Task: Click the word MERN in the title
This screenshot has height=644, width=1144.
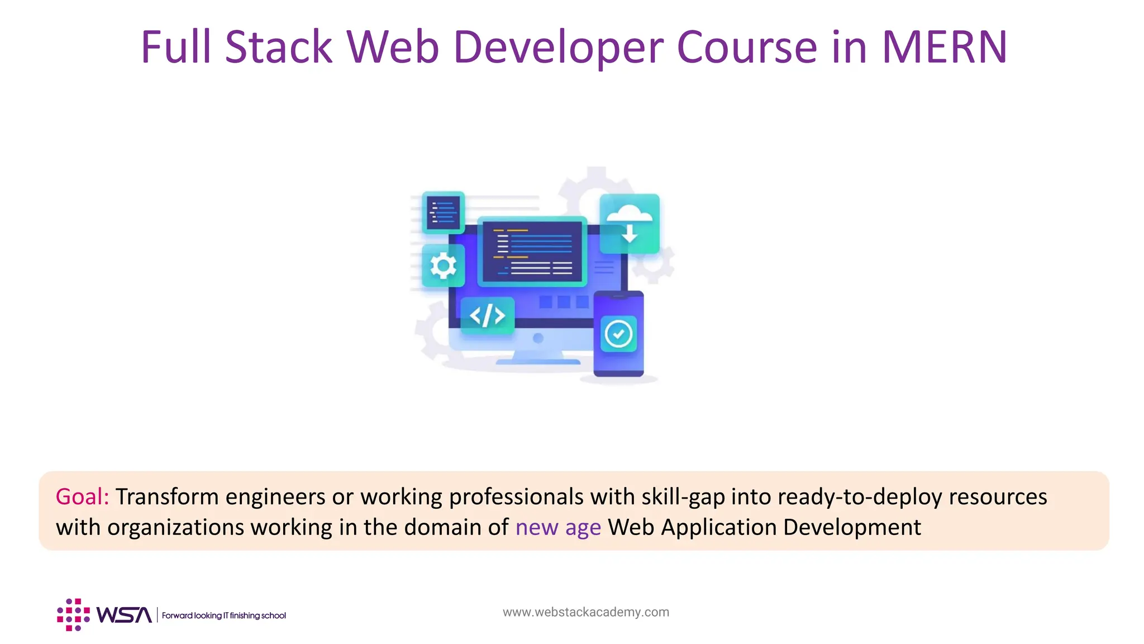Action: tap(944, 47)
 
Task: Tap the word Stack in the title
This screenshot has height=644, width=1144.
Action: tap(278, 47)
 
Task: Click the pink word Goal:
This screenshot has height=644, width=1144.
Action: tap(82, 496)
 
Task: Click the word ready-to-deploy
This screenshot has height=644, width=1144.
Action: tap(860, 496)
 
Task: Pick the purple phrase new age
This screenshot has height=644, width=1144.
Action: tap(558, 528)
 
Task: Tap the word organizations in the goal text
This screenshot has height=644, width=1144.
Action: tap(175, 528)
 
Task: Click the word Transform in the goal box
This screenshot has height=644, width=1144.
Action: tap(167, 496)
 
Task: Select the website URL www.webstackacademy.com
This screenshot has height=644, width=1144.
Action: tap(585, 612)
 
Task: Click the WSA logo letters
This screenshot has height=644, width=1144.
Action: tap(124, 615)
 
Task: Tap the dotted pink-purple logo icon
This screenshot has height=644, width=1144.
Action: tap(73, 615)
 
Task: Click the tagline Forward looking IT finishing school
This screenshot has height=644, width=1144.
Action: tap(223, 615)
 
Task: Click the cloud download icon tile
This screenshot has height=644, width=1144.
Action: tap(630, 224)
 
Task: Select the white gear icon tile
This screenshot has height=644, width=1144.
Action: tap(443, 266)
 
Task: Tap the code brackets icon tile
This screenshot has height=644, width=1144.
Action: tap(487, 316)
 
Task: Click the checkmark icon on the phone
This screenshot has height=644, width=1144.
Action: tap(618, 334)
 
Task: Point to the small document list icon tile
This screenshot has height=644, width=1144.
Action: tap(443, 212)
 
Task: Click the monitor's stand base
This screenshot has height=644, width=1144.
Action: tap(538, 361)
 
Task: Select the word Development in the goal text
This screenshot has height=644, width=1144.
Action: tap(852, 528)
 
